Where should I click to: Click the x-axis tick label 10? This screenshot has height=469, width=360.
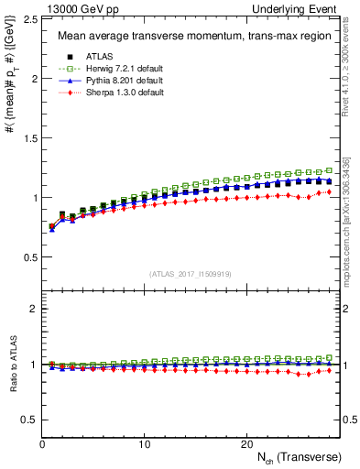point(144,444)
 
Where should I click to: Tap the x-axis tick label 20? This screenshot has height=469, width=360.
point(246,444)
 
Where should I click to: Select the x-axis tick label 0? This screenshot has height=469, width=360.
point(42,444)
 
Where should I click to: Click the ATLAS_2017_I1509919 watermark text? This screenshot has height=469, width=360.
point(189,273)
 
